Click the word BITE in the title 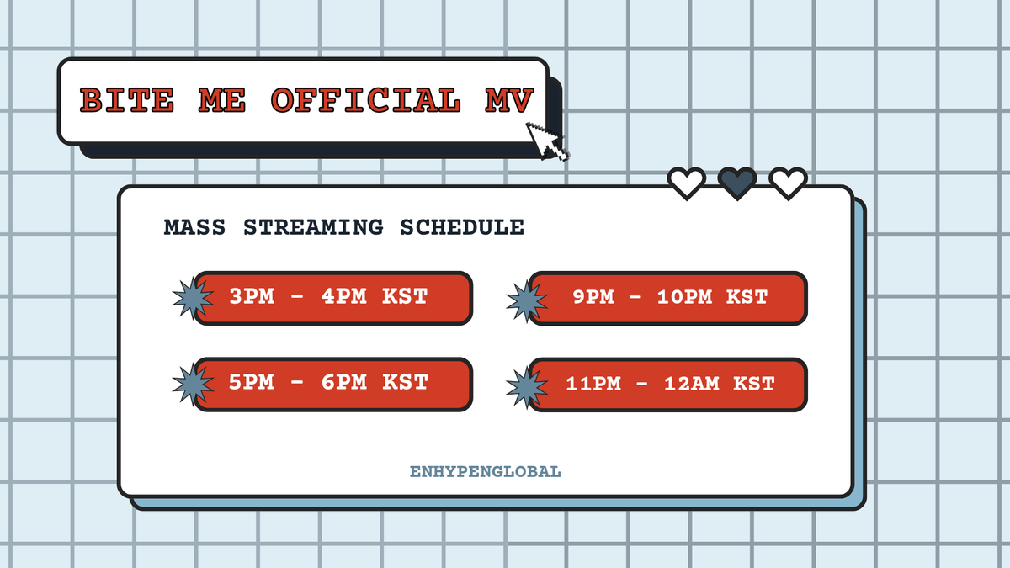click(126, 101)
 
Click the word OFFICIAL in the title click(366, 101)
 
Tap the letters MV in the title click(509, 101)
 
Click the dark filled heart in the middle click(737, 183)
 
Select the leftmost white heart click(687, 183)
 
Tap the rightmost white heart click(789, 183)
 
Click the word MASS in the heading click(194, 227)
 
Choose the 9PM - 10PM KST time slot click(668, 297)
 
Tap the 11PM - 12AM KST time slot click(668, 384)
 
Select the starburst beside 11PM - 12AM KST click(526, 386)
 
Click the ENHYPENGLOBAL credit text click(485, 472)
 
